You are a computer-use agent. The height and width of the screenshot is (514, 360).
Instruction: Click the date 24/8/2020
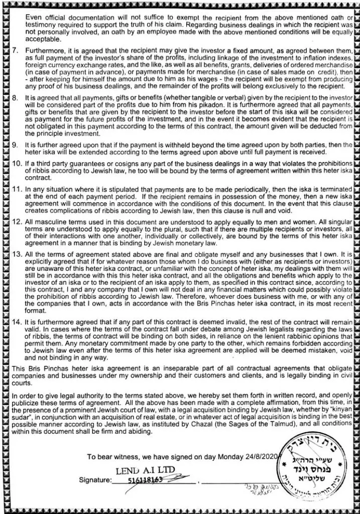(x=264, y=457)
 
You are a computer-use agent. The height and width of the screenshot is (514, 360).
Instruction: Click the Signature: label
(x=95, y=480)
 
